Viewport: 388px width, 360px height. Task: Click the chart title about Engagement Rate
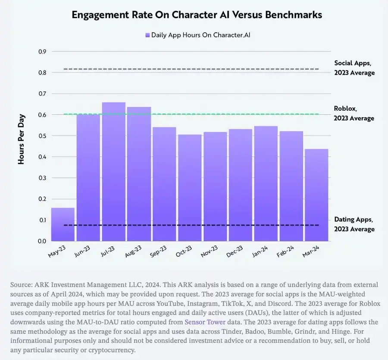197,15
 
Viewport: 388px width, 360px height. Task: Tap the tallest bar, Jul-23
113,172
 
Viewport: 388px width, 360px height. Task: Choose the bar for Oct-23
190,187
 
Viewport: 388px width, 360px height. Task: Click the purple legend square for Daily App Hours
147,35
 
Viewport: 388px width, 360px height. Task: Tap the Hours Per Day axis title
21,140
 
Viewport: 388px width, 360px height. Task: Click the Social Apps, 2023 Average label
354,68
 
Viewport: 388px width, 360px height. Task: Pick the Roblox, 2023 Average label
354,113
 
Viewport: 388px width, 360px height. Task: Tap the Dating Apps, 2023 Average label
354,224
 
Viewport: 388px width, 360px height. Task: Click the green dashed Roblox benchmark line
216,114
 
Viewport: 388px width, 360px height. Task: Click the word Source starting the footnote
20,285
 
